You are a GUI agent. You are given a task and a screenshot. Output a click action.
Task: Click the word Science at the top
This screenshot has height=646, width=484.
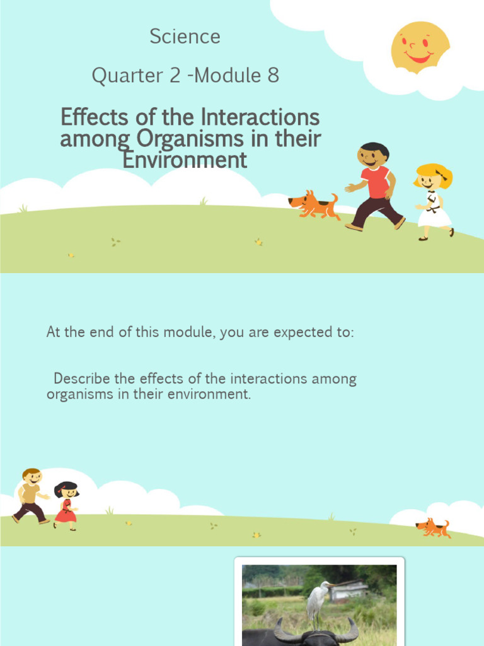coord(185,37)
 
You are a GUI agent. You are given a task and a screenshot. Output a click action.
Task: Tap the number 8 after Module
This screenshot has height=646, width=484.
coord(273,76)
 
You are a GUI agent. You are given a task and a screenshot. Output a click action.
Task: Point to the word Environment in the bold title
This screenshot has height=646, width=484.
coord(185,160)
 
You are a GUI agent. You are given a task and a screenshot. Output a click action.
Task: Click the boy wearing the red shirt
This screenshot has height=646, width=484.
coord(374,187)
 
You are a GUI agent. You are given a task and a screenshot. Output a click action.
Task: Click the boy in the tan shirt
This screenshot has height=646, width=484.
coord(30,495)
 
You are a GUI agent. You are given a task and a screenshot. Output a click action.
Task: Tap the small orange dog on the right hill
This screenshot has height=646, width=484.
coord(433,527)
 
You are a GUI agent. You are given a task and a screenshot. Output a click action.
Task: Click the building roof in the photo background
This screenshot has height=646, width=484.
coord(348,587)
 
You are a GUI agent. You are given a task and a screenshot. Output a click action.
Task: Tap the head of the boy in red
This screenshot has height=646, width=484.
coord(373,155)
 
